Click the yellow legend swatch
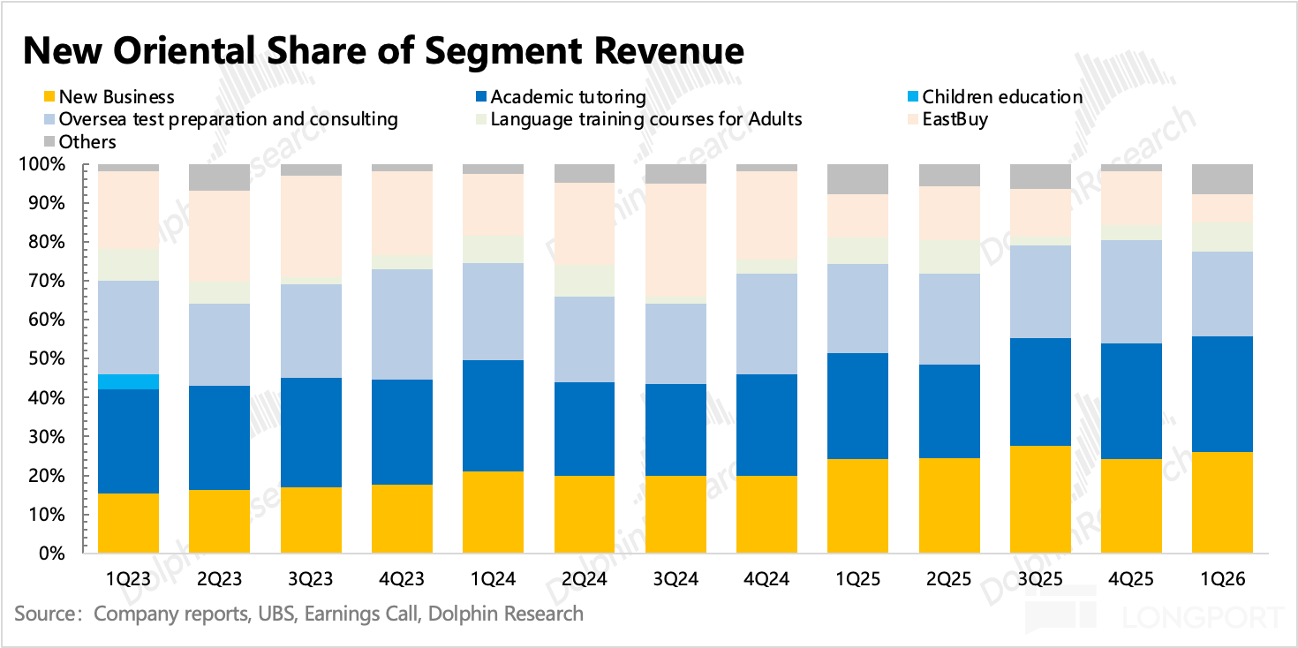(49, 96)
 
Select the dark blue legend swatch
(480, 96)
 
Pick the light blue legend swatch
(49, 119)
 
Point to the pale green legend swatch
(480, 119)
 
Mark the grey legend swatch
(49, 141)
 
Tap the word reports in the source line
(211, 614)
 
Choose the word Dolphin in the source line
(460, 614)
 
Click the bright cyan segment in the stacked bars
(129, 381)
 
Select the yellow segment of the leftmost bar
(129, 523)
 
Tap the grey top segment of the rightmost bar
(1222, 179)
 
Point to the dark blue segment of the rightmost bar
(1222, 394)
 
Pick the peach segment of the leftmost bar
(129, 210)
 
